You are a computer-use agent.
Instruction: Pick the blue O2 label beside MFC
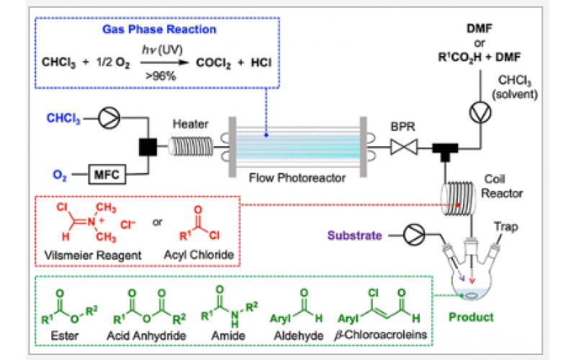pyautogui.click(x=65, y=174)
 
